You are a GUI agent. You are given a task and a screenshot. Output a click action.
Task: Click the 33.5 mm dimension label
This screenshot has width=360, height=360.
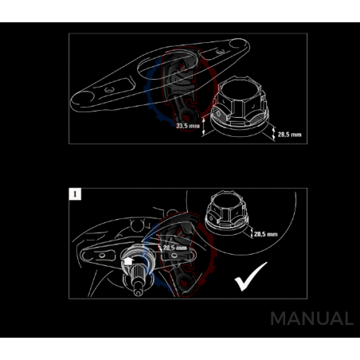(x=188, y=125)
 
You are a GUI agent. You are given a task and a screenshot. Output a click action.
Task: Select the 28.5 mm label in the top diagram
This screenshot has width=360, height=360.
(x=290, y=135)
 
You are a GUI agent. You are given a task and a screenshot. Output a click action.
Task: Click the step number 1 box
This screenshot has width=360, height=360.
(x=74, y=194)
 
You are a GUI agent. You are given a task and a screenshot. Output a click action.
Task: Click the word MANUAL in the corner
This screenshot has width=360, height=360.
(x=311, y=319)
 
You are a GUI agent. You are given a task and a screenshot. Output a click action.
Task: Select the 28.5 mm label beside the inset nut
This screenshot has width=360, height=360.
(x=265, y=235)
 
